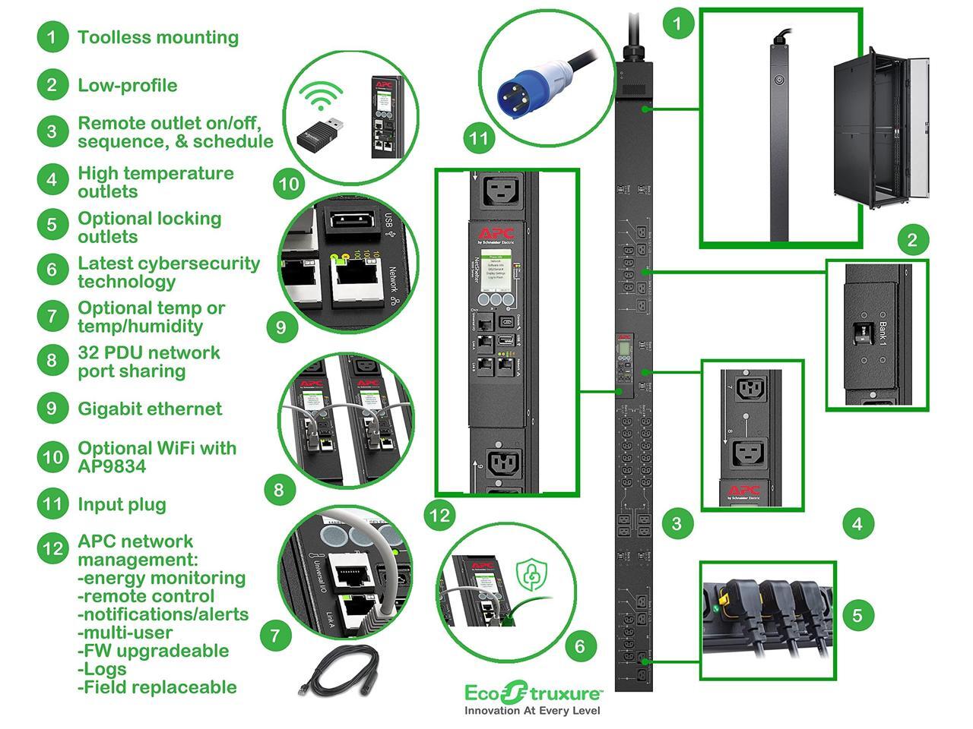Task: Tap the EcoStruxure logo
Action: tap(534, 693)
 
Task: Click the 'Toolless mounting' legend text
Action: tap(158, 37)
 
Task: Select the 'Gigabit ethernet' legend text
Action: tap(150, 409)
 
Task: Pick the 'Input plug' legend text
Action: tap(122, 504)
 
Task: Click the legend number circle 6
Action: tap(52, 270)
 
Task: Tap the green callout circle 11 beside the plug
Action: tap(478, 138)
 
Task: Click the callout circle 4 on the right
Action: tap(857, 523)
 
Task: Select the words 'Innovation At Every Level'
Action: tap(532, 711)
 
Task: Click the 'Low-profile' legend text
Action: tap(127, 85)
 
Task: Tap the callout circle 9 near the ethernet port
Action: tap(281, 327)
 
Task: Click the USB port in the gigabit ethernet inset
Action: tap(348, 222)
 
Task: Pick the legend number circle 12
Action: tap(52, 548)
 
